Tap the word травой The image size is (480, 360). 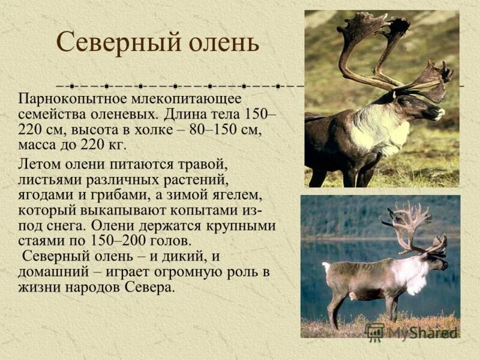tap(202, 164)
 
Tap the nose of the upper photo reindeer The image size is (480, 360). tap(440, 112)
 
